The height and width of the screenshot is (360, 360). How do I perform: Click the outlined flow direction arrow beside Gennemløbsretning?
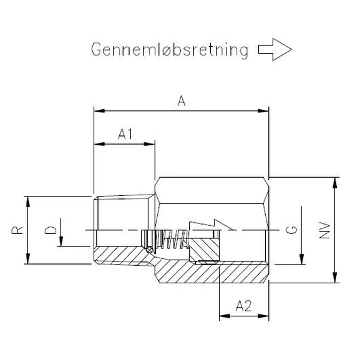(275, 50)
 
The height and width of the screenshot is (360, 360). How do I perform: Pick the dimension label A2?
(243, 306)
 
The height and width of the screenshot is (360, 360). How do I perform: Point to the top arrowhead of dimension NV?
(336, 181)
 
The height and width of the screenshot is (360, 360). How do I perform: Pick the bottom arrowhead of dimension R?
(28, 260)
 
